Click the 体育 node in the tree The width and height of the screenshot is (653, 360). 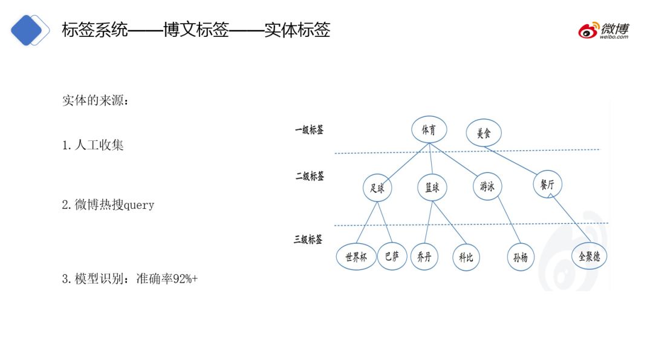tap(429, 129)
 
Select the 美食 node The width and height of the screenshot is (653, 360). tap(484, 133)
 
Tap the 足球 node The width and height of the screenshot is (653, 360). tap(377, 188)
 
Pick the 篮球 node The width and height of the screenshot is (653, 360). tap(432, 188)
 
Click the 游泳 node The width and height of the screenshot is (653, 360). tap(487, 188)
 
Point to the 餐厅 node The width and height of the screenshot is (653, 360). tap(547, 185)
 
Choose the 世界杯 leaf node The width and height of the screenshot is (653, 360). tap(356, 257)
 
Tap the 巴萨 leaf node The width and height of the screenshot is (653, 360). tap(391, 257)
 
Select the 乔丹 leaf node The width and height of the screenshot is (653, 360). tap(424, 257)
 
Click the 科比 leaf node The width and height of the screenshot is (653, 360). tap(466, 257)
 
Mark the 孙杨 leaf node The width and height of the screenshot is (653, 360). tap(521, 257)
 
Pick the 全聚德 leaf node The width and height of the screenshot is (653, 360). tap(588, 256)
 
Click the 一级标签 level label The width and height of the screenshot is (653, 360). tap(309, 129)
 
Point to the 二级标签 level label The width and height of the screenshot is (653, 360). tap(310, 176)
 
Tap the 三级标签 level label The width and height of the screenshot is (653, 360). tap(308, 239)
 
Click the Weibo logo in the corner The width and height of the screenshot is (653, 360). tap(603, 30)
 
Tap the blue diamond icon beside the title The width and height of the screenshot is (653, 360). tap(28, 31)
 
